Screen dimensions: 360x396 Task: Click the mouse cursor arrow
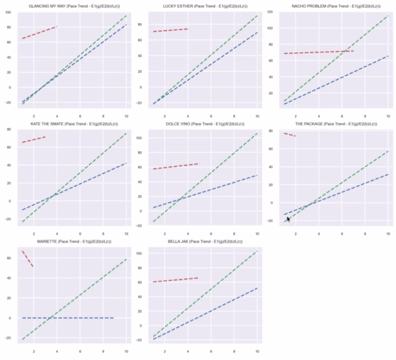point(288,219)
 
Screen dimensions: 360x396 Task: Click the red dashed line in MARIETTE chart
point(28,258)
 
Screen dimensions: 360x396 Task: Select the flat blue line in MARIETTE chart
point(66,318)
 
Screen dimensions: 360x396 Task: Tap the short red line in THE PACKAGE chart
point(289,135)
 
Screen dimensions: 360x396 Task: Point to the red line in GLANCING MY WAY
point(40,32)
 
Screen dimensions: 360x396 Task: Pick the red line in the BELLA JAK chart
point(176,280)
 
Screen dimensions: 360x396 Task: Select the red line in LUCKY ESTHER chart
point(170,30)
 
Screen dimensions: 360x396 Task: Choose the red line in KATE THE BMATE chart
point(34,140)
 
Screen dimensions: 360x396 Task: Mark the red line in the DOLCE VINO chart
point(176,167)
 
